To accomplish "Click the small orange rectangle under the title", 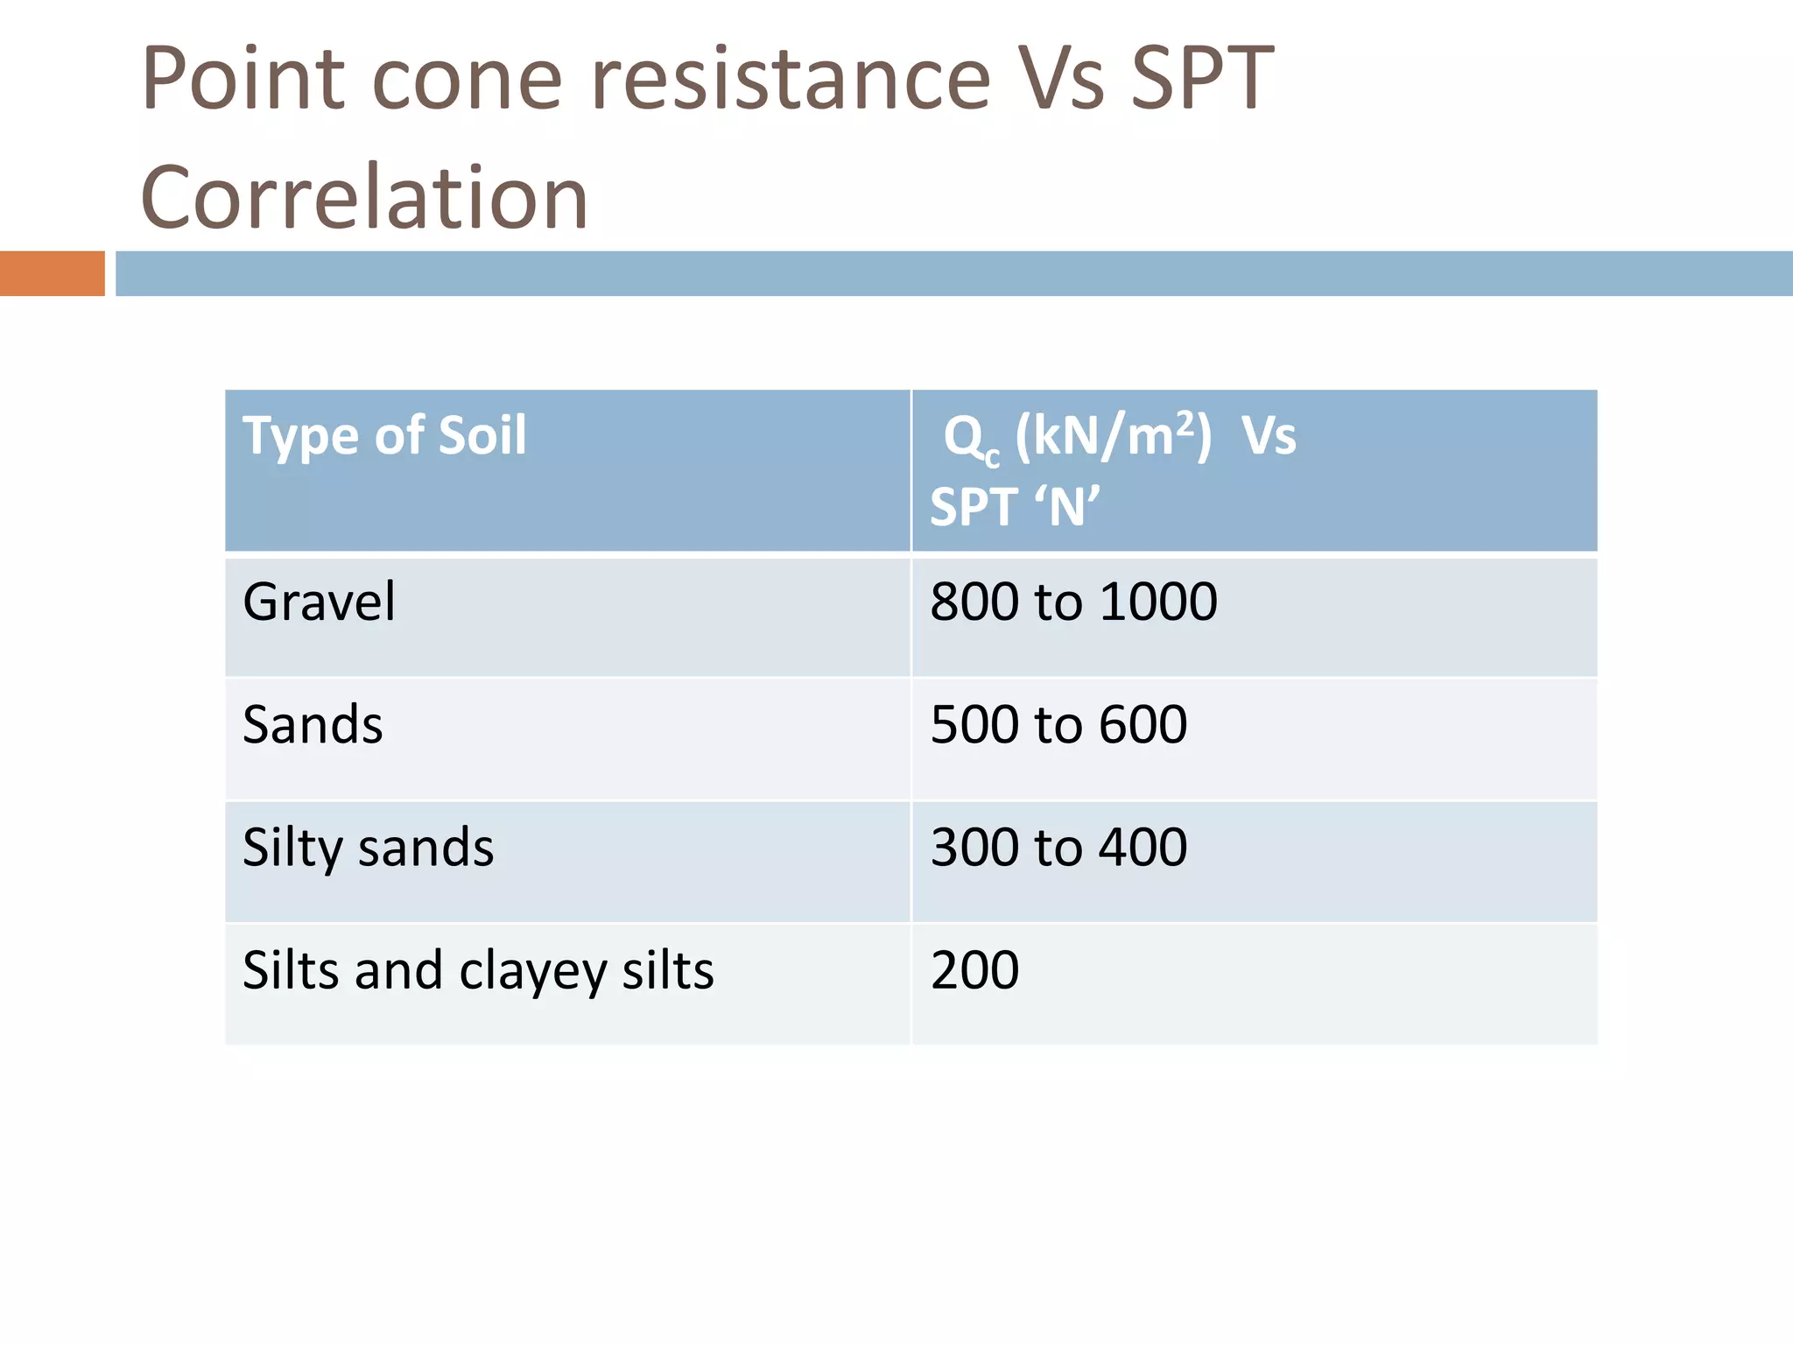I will [x=52, y=273].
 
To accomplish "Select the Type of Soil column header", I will [x=384, y=435].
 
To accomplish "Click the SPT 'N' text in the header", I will [x=1015, y=507].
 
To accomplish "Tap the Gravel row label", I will [x=319, y=602].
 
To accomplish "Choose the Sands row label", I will [x=313, y=725].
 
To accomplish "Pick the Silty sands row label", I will [x=368, y=848].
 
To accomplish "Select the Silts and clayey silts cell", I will [x=478, y=970].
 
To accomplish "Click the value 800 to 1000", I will [x=1073, y=602].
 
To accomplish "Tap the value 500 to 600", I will [x=1058, y=725].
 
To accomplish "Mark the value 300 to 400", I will [x=1058, y=848].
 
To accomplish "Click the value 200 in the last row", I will [x=974, y=970].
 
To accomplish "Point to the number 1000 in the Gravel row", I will [x=1157, y=602].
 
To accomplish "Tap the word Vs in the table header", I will [x=1269, y=435].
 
